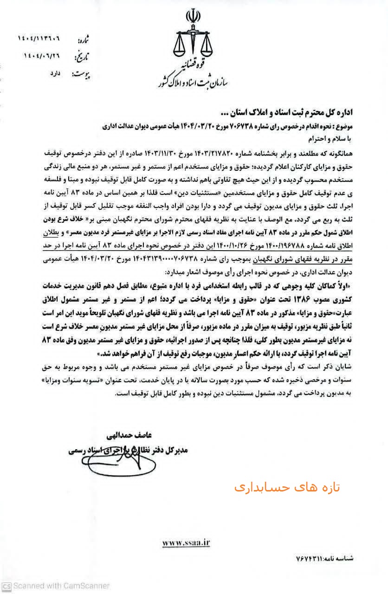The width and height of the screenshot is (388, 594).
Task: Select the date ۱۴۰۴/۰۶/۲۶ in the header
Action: pos(43,55)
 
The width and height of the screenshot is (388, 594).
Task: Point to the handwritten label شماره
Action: pos(82,39)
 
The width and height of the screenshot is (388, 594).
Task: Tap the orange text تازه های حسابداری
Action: pos(287,487)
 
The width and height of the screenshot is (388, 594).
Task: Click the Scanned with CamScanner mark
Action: pos(55,586)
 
